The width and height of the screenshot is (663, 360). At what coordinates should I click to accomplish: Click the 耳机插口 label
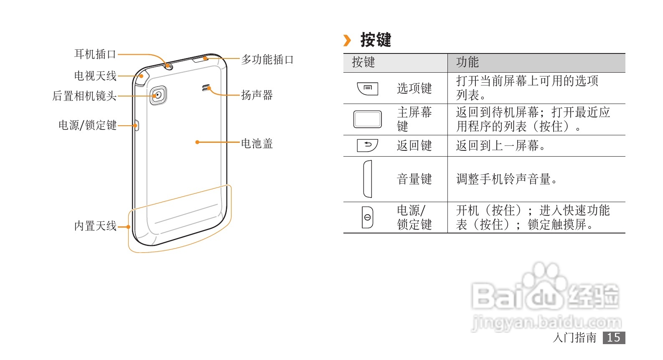tap(95, 54)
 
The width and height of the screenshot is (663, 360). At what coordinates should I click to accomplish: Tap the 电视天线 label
tap(95, 76)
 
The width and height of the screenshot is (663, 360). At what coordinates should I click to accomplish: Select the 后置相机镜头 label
tap(84, 96)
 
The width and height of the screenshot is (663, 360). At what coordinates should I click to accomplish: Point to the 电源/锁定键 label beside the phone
tap(87, 125)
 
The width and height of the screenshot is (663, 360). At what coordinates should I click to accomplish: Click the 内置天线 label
tap(95, 226)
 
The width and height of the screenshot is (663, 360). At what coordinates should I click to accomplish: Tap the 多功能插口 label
tap(267, 60)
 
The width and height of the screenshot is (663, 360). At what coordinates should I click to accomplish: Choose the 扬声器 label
tap(257, 95)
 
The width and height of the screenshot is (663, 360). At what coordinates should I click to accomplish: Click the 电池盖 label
tap(257, 144)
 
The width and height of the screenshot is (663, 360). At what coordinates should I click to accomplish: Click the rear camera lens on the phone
tap(158, 95)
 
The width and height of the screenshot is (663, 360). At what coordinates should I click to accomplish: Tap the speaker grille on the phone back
tap(205, 88)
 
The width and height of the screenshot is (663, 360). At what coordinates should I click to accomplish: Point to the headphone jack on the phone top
tap(169, 66)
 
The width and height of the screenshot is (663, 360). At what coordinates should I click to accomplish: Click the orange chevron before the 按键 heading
tap(347, 41)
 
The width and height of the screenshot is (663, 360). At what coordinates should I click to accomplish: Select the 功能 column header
tap(467, 62)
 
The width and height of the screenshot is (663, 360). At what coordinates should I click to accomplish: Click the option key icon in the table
tap(368, 89)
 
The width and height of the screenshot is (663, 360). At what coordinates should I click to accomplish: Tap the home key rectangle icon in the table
tap(367, 119)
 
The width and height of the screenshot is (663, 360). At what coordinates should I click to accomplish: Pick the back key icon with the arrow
tap(368, 145)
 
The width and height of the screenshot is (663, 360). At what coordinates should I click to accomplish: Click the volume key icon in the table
tap(367, 179)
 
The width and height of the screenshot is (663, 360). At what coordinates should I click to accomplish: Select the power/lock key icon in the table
tap(367, 218)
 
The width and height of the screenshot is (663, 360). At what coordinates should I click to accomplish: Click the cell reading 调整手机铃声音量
tap(506, 179)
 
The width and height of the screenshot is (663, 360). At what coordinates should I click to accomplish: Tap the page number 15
tap(613, 337)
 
